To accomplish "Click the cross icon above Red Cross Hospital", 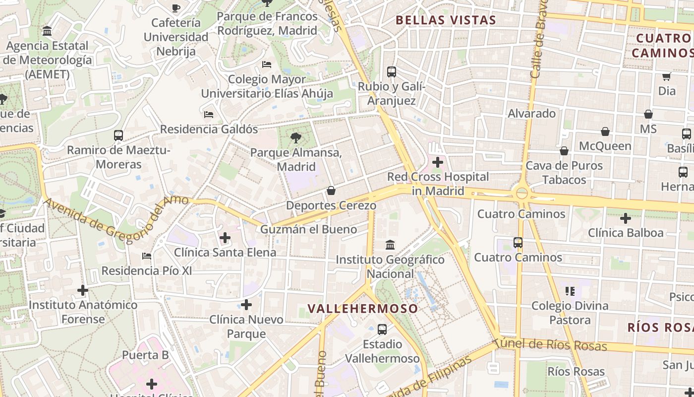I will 438,162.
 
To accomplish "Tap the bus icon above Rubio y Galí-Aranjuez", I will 392,72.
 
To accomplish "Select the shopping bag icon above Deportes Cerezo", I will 331,191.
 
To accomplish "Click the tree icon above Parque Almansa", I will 296,138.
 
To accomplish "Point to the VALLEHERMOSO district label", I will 363,309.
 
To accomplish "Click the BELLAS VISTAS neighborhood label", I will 446,20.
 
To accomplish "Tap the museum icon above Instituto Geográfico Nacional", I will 390,245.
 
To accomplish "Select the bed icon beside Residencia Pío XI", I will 147,256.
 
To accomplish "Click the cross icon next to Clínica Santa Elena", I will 225,238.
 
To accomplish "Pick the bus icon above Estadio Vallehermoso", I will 382,329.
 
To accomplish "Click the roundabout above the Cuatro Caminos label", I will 521,193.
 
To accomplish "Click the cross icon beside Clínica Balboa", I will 626,218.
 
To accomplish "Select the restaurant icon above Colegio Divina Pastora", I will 570,291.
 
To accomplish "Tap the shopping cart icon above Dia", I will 667,76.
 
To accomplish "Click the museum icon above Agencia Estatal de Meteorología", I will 48,31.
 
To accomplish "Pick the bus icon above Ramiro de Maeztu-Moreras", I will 118,135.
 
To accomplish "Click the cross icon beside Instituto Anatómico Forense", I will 83,290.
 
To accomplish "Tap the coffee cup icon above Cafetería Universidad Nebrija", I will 176,7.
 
